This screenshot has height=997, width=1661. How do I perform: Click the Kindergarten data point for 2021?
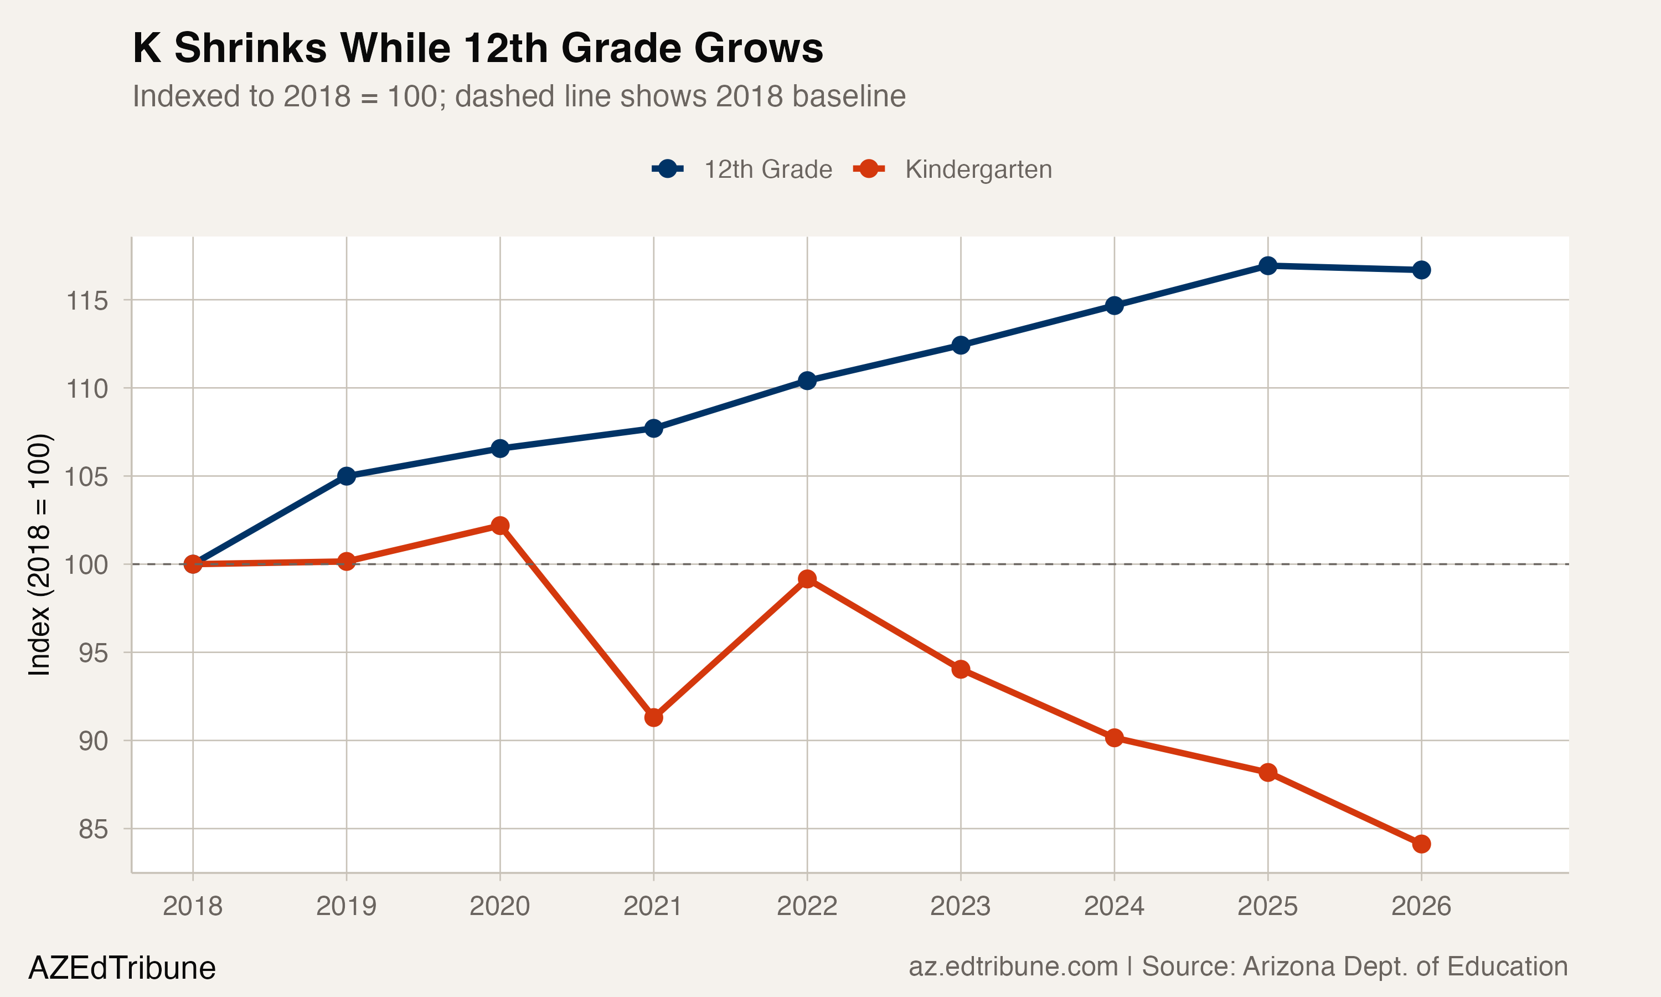(x=653, y=717)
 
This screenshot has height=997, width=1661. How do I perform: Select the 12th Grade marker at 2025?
(x=1267, y=265)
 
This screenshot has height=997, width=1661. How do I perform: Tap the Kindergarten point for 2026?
(x=1421, y=844)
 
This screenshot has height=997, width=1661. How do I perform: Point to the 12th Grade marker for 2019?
(x=347, y=476)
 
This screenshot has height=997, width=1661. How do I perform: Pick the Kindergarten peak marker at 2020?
(x=499, y=526)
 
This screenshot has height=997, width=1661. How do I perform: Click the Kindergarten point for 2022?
(x=807, y=579)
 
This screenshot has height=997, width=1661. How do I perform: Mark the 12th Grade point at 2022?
(x=807, y=381)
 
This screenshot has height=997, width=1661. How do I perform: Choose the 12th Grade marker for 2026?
(x=1421, y=270)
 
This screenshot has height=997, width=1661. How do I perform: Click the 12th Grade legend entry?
(x=767, y=169)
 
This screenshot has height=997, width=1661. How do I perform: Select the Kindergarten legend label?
(x=978, y=169)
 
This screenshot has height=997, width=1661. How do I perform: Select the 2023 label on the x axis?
(x=960, y=906)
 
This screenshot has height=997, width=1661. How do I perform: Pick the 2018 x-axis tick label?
(x=193, y=906)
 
